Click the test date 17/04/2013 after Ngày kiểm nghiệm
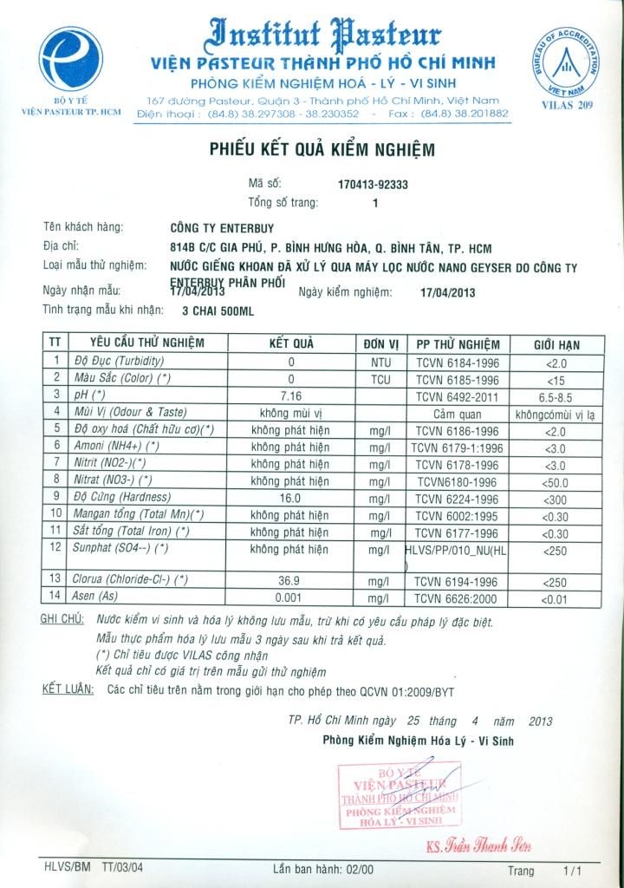click(x=447, y=292)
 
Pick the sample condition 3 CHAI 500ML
click(x=217, y=310)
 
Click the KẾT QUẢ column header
click(x=291, y=343)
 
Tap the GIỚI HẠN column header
click(x=556, y=344)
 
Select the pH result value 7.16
click(x=291, y=395)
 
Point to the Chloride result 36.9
click(x=291, y=579)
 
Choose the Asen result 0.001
click(x=291, y=597)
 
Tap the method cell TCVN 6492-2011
click(x=457, y=395)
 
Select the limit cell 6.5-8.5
click(x=556, y=395)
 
